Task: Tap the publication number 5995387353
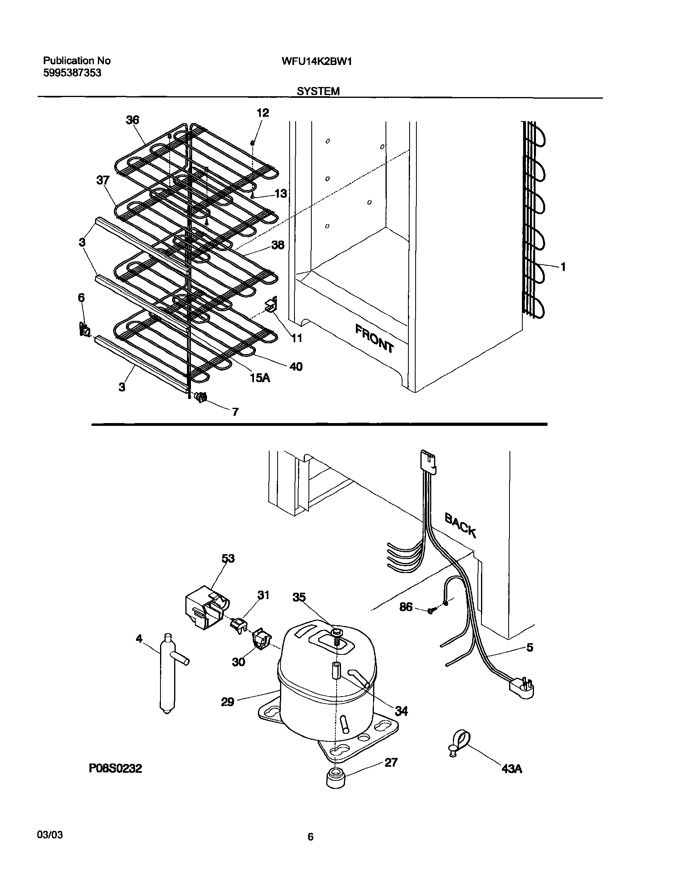(x=72, y=73)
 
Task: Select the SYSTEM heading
(x=318, y=91)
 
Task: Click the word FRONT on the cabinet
(x=374, y=338)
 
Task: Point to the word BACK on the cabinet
(x=460, y=525)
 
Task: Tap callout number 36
(x=132, y=119)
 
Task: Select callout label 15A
(x=260, y=377)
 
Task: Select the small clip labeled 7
(x=201, y=397)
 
